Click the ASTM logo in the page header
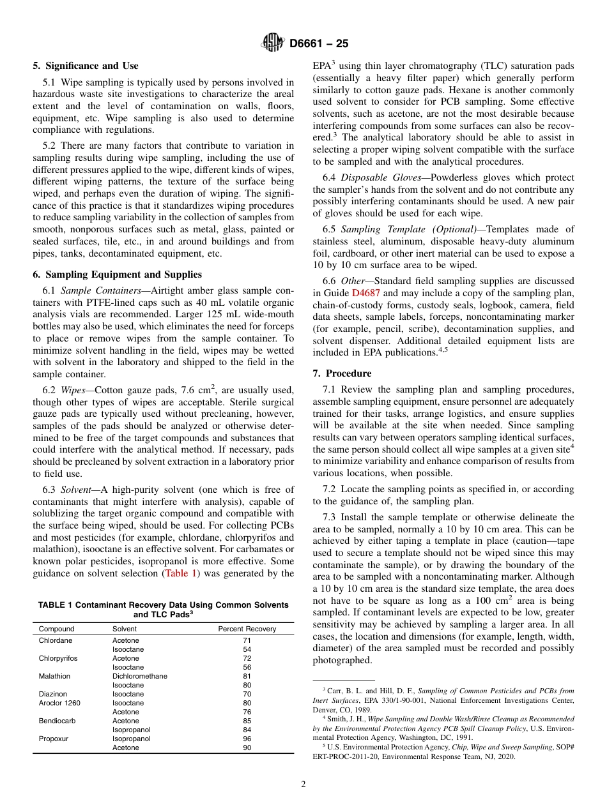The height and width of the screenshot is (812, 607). (273, 43)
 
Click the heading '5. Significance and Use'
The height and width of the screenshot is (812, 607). (86, 66)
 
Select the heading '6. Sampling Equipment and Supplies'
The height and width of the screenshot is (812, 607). (117, 274)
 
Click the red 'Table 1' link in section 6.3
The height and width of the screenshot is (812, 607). (182, 573)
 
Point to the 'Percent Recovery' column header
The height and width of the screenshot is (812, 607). (247, 629)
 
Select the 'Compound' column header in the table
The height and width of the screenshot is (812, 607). (57, 629)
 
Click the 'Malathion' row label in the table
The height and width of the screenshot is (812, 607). (55, 676)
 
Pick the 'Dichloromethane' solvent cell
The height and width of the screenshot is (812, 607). (140, 676)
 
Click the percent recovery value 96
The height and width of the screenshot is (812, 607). (247, 739)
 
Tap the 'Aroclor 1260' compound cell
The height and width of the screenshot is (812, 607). (60, 703)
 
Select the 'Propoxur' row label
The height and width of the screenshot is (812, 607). (54, 739)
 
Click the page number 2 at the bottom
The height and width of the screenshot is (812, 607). (303, 785)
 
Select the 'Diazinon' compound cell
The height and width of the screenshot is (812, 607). (53, 694)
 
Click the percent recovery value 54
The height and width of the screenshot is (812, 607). (247, 649)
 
